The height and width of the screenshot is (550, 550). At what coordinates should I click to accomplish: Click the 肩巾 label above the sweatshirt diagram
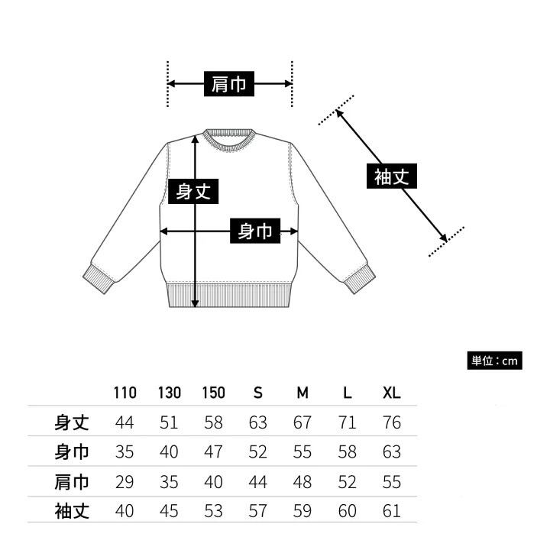coord(229,84)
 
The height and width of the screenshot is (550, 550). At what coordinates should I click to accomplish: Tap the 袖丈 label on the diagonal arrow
coord(392,177)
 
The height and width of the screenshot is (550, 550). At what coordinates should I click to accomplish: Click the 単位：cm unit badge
coord(495,361)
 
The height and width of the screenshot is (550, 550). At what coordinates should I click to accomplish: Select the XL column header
coord(391,393)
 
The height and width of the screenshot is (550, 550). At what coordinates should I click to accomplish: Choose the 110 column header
coord(125,393)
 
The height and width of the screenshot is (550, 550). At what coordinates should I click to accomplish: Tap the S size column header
coord(258,393)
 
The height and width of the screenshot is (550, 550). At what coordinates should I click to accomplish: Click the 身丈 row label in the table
coord(72,422)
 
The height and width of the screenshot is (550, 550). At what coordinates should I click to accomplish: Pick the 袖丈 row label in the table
coord(72,510)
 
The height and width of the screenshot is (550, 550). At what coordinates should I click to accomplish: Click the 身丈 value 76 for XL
coord(391,422)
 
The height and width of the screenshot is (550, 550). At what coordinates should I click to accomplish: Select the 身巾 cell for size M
coord(302,451)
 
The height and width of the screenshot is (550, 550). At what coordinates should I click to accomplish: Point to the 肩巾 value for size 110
coord(125,481)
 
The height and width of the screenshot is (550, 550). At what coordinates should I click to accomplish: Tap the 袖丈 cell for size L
coord(347,510)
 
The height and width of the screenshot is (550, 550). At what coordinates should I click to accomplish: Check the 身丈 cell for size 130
coord(169,422)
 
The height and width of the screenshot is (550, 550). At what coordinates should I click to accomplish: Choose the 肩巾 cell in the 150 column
coord(213,481)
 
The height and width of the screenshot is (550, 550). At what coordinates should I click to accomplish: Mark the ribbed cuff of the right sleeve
coord(358,279)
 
